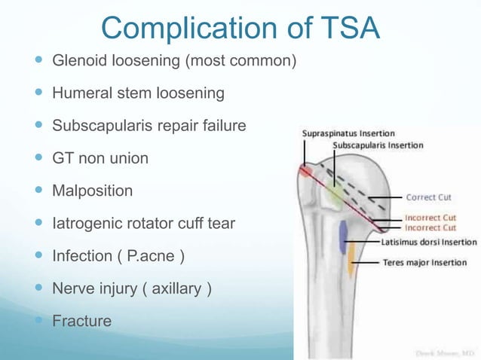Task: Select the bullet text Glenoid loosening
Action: pyautogui.click(x=112, y=60)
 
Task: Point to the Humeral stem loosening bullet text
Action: pyautogui.click(x=138, y=93)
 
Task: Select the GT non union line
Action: pyautogui.click(x=100, y=158)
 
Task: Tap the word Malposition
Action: pyautogui.click(x=92, y=191)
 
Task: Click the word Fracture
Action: pyautogui.click(x=81, y=322)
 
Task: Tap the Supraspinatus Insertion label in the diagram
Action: pyautogui.click(x=348, y=133)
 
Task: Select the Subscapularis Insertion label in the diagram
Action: pyautogui.click(x=378, y=145)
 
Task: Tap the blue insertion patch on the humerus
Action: pyautogui.click(x=343, y=236)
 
